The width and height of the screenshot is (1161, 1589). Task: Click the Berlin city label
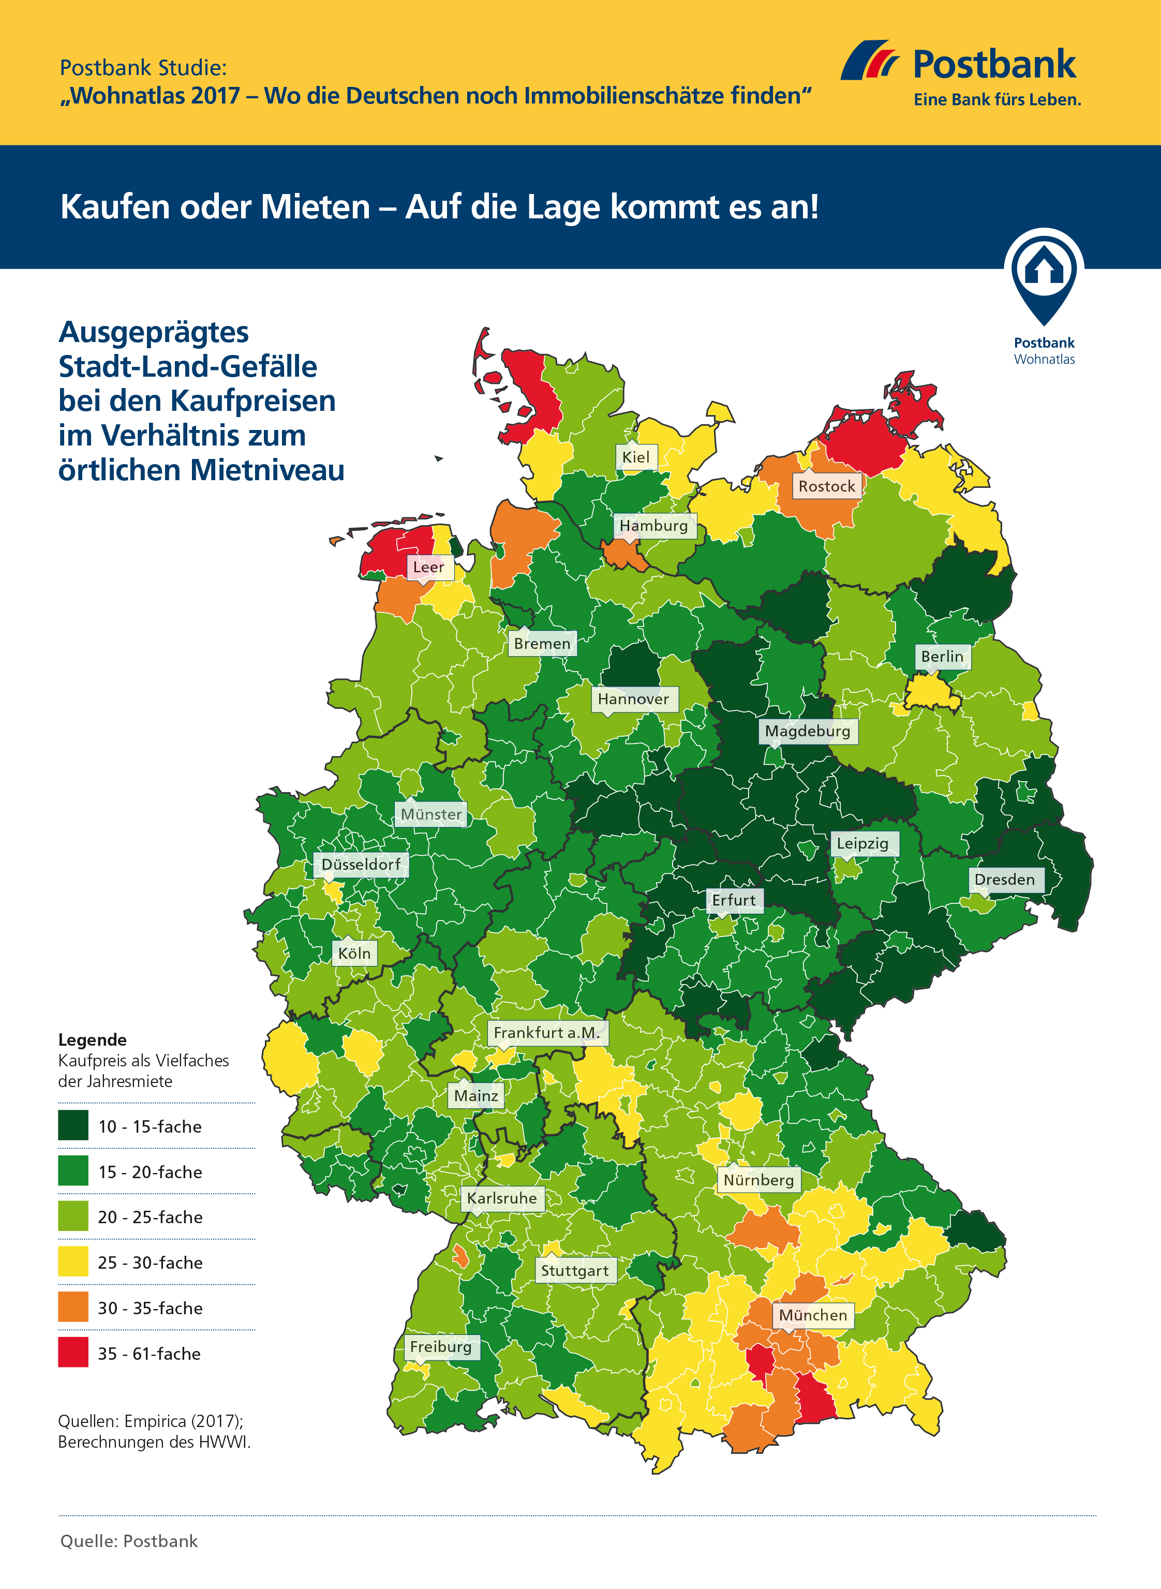942,657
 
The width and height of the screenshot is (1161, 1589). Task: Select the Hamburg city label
653,526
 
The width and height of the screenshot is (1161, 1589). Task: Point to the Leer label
428,567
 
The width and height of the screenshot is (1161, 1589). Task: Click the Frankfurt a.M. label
546,1032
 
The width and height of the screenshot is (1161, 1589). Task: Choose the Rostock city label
826,486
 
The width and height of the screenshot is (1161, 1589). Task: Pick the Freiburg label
441,1346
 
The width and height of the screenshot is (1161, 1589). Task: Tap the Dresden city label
1004,879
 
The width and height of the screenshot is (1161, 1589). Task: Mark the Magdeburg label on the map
808,731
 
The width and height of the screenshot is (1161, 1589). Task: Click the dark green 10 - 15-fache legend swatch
73,1125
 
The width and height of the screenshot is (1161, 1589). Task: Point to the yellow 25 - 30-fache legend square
73,1261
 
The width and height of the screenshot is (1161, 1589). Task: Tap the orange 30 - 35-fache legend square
73,1306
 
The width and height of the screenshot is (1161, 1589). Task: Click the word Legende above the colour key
92,1039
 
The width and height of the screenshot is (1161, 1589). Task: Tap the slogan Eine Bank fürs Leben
996,100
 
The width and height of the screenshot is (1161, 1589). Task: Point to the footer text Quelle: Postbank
129,1541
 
